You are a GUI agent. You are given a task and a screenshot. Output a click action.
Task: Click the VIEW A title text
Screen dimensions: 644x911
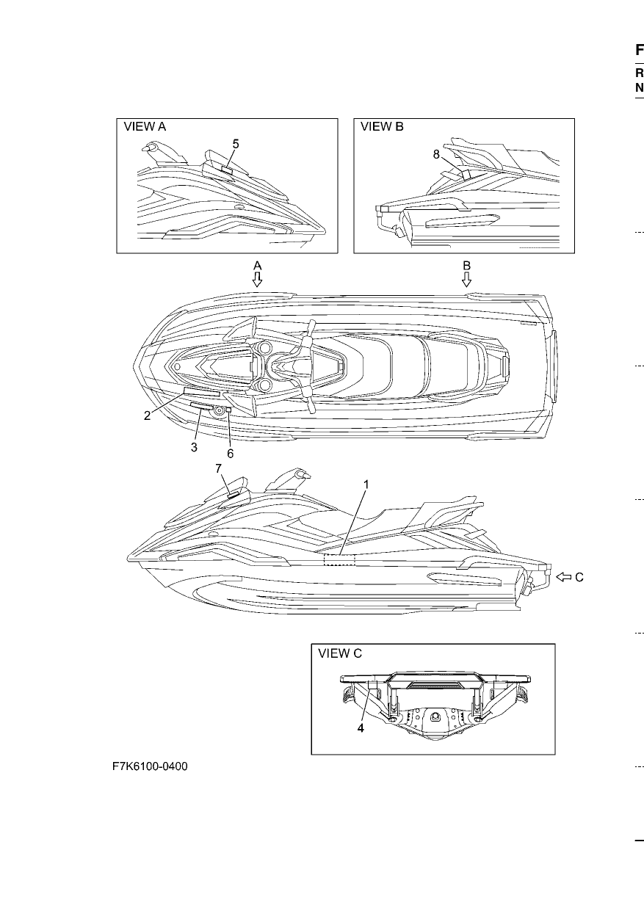(x=145, y=127)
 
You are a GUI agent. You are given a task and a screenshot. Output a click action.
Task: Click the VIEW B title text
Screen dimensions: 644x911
(x=382, y=127)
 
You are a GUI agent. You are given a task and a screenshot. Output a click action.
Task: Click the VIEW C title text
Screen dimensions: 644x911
(x=340, y=653)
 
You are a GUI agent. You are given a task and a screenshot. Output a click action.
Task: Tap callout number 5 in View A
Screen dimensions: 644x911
(x=236, y=144)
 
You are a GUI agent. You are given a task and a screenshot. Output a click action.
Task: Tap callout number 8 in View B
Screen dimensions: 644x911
(x=436, y=155)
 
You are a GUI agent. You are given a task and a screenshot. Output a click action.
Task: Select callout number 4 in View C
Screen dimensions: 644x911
(x=361, y=727)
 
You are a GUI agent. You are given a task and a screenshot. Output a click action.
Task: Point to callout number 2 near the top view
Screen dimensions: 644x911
(x=148, y=415)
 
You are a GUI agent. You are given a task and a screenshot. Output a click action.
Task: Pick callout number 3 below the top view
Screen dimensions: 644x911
(x=194, y=447)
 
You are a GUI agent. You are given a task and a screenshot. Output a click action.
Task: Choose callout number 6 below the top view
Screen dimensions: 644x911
(x=231, y=454)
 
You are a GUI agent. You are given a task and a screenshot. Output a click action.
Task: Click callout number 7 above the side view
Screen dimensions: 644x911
(x=219, y=469)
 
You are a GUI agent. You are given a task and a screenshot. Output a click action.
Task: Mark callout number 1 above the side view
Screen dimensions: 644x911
(x=366, y=484)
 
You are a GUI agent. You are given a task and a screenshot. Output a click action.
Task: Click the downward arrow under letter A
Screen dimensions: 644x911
(x=257, y=280)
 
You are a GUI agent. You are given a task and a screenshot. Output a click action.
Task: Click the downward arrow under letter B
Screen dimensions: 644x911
(x=466, y=280)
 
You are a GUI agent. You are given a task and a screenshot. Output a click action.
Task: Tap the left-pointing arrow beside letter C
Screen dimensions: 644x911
(x=563, y=577)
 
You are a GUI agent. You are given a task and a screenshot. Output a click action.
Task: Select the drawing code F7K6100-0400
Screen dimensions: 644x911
(x=150, y=766)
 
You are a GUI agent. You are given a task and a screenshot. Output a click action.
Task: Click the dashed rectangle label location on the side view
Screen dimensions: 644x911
(x=339, y=560)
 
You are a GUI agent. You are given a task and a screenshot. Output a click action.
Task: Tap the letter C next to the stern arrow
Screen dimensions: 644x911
(x=579, y=578)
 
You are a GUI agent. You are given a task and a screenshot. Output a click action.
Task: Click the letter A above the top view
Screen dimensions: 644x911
(x=257, y=266)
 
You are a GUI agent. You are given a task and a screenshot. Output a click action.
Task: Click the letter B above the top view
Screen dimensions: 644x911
(x=466, y=266)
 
